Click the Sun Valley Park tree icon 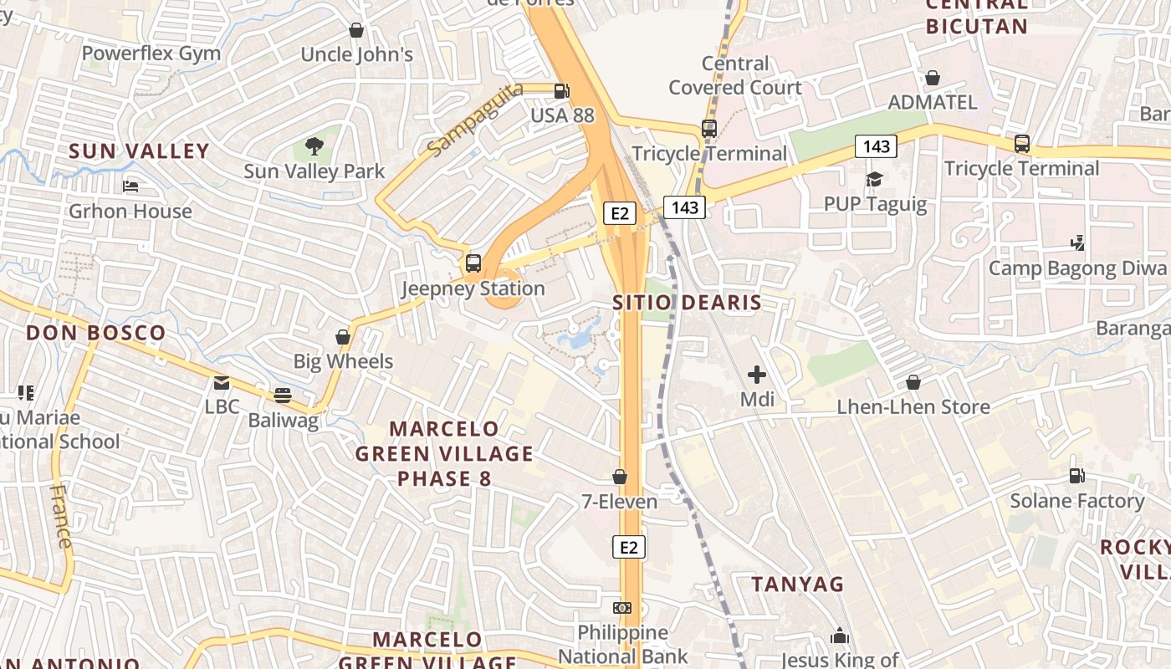coord(314,146)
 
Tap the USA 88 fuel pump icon coord(562,90)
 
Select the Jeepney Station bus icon coord(473,263)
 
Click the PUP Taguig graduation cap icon coord(875,179)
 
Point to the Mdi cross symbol coord(757,375)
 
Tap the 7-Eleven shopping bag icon coord(620,477)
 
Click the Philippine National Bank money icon coord(622,607)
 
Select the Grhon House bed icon coord(130,186)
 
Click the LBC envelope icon coord(222,383)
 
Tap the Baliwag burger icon coord(283,395)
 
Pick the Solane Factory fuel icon coord(1076,476)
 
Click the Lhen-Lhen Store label coord(913,407)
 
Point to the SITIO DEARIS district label coord(687,303)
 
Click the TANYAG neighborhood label coord(797,585)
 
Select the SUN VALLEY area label coord(139,151)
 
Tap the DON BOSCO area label coord(96,333)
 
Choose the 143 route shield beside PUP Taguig coord(876,147)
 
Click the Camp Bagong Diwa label coord(1077,268)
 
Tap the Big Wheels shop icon coord(342,337)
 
